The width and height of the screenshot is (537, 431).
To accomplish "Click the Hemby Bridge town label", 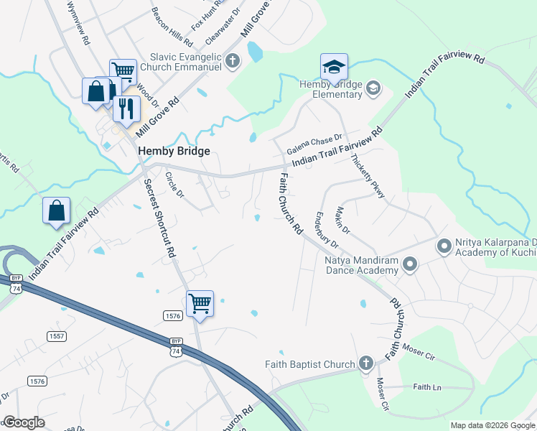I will (x=174, y=151).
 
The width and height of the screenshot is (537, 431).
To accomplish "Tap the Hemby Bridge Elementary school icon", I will (x=373, y=89).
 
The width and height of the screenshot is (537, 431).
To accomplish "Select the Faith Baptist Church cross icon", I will (x=366, y=363).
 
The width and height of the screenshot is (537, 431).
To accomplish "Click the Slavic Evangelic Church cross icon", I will (x=232, y=61).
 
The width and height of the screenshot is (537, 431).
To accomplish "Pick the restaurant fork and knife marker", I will (x=126, y=108).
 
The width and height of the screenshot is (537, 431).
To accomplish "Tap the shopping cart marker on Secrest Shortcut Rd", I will (x=200, y=303).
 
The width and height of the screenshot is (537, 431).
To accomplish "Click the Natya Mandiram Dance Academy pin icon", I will (x=410, y=264).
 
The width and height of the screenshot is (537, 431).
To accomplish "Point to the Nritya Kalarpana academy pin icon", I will (x=444, y=246).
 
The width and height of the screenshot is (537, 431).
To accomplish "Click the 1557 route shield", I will (x=57, y=336).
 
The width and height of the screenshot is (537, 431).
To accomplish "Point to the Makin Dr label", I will (x=342, y=218).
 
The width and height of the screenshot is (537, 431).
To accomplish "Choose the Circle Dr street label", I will (x=175, y=185).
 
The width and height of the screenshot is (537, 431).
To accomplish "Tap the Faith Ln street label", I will (x=426, y=386).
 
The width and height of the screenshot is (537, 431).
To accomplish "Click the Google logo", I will (x=24, y=422).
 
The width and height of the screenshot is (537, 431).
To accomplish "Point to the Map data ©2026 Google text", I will (x=492, y=425).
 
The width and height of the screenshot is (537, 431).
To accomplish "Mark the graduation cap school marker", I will (x=334, y=68).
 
